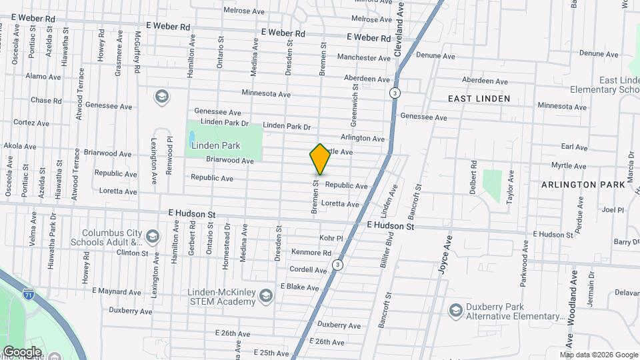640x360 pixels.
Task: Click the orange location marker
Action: pyautogui.click(x=320, y=159)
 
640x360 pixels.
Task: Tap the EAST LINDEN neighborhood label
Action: pyautogui.click(x=479, y=99)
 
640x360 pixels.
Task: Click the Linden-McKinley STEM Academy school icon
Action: pyautogui.click(x=265, y=295)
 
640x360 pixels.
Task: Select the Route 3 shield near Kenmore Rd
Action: pyautogui.click(x=338, y=265)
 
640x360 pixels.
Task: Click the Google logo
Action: pyautogui.click(x=21, y=352)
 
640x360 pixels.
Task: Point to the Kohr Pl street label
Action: pyautogui.click(x=331, y=238)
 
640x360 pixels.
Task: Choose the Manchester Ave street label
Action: pyautogui.click(x=363, y=58)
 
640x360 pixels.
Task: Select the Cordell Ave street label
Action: pyautogui.click(x=308, y=269)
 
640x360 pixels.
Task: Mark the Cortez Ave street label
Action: pyautogui.click(x=31, y=123)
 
